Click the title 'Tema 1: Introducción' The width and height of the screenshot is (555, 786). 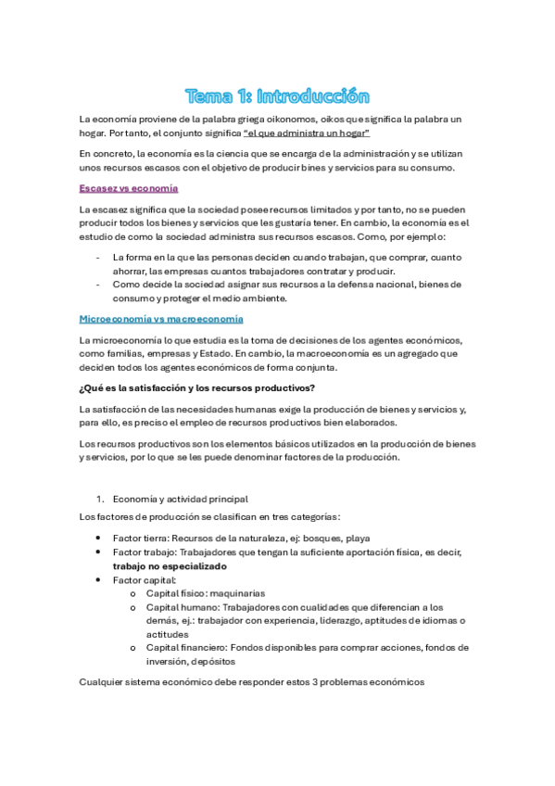(x=277, y=96)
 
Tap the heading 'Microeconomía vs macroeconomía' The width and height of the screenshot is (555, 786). (x=161, y=318)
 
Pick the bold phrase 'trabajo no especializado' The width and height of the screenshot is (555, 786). (x=170, y=565)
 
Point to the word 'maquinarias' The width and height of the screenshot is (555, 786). (x=237, y=593)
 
